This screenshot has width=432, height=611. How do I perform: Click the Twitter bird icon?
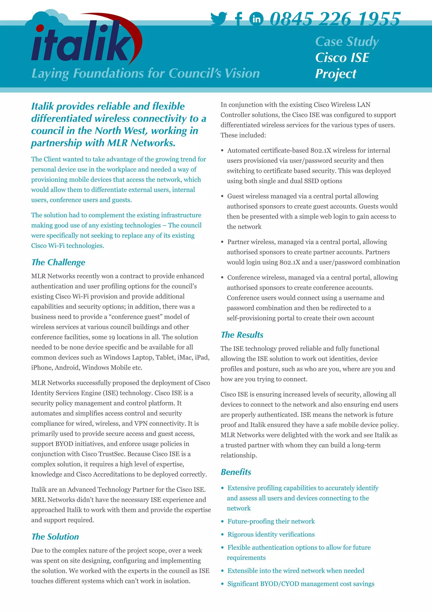coord(219,19)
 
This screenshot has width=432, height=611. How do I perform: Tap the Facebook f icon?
coord(239,19)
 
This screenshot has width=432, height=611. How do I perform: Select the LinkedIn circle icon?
coord(256,19)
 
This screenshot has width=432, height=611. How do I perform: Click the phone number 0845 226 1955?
coord(335,19)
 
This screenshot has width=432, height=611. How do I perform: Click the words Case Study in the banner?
coord(347,42)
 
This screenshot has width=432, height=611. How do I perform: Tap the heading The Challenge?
coord(58,262)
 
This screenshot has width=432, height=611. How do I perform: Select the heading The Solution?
coord(55,537)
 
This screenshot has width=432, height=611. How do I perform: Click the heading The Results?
coord(242,335)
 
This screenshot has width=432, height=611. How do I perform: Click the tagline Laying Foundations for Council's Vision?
coord(146,73)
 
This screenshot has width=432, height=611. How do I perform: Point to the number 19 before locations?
coord(112,337)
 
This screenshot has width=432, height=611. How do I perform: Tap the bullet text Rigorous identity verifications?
coord(271,534)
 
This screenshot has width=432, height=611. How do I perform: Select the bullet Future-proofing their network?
coord(271,521)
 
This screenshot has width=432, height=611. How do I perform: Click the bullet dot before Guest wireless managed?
coord(222,196)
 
